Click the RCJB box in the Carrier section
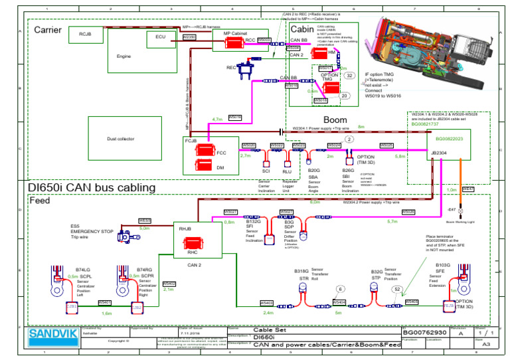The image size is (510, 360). click(x=84, y=34)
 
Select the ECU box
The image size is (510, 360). click(x=161, y=39)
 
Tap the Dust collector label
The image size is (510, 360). click(x=120, y=139)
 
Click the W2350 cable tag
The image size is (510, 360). click(x=189, y=38)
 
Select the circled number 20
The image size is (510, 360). click(x=344, y=96)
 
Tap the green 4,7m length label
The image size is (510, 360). click(x=217, y=119)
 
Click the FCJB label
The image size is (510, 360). click(x=190, y=140)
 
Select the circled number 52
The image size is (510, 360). click(x=396, y=289)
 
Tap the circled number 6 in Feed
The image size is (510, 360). click(x=339, y=289)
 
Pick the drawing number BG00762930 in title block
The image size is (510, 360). click(x=425, y=331)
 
